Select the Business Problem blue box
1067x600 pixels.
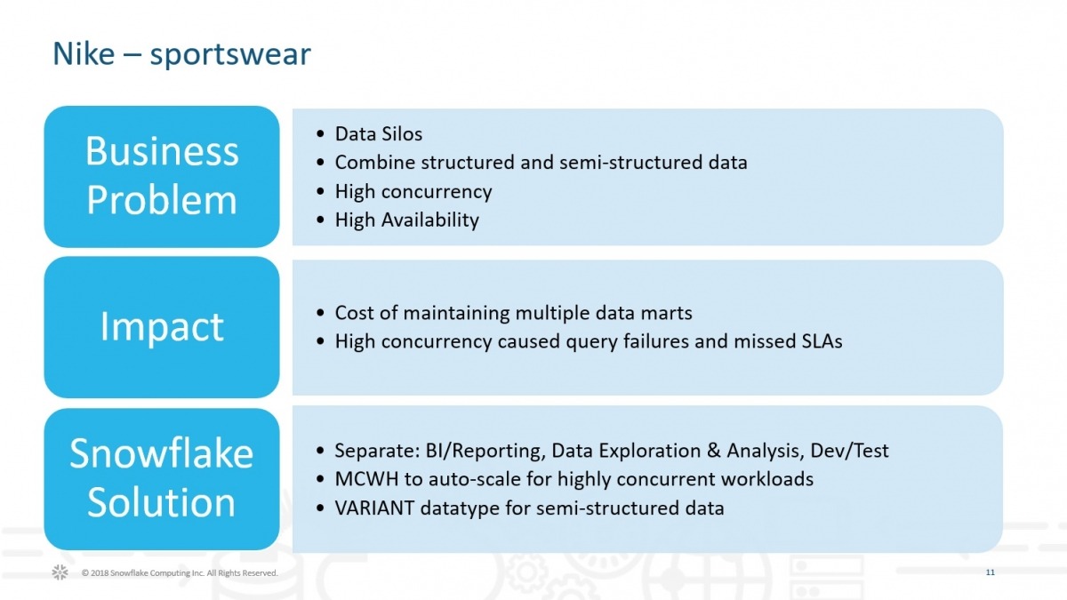coord(162,176)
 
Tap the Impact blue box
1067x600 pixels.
coord(162,327)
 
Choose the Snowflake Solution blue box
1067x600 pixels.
coord(162,478)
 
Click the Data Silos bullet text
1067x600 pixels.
coord(378,134)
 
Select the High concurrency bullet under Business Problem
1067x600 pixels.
coord(413,191)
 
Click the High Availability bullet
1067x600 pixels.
coord(406,220)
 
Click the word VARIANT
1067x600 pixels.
coord(372,508)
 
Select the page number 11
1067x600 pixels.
coord(990,572)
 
